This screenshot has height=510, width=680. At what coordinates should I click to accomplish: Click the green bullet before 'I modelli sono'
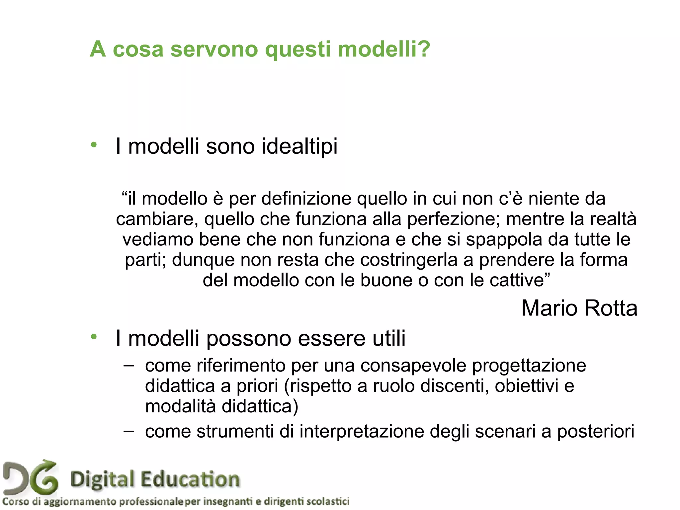pos(94,145)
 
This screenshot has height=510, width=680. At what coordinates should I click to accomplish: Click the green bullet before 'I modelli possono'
pos(94,337)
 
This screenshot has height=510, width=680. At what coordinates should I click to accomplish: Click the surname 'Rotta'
pos(611,308)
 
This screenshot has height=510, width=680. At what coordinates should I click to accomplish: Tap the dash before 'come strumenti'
pos(128,431)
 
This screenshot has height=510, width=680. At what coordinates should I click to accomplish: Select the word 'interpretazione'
pos(362,432)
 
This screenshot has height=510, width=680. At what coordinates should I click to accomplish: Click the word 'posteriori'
pos(596,432)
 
